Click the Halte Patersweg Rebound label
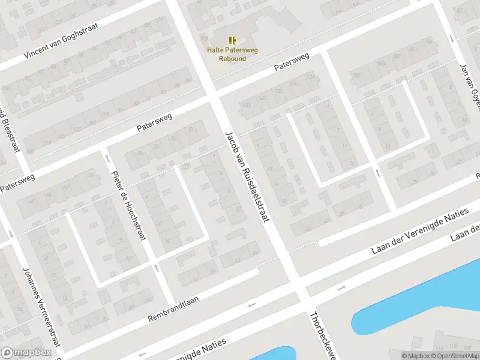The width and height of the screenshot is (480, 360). [x=232, y=54]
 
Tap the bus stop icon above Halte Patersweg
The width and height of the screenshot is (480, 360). [x=232, y=40]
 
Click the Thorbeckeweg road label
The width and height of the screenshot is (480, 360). [x=320, y=335]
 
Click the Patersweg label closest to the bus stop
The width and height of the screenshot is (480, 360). [x=292, y=62]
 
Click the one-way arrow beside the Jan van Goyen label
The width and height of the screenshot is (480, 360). [x=451, y=38]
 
